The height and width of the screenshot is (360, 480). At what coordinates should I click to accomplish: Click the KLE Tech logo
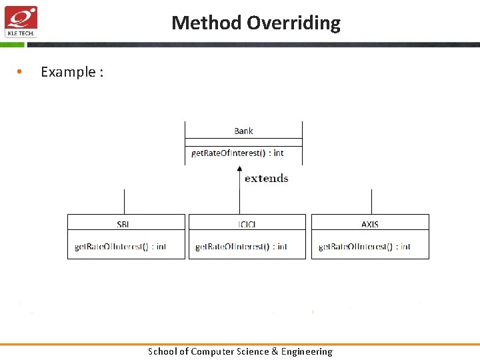click(x=21, y=21)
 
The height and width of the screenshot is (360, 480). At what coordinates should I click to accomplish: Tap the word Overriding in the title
click(x=293, y=23)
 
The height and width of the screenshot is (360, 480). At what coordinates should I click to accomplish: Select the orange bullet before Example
click(x=20, y=72)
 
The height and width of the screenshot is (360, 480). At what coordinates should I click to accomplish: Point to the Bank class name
click(x=243, y=131)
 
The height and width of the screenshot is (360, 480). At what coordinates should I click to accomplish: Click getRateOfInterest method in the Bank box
click(x=237, y=153)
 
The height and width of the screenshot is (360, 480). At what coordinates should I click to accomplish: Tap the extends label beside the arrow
click(x=266, y=178)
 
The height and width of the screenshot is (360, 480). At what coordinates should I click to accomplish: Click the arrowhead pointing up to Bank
click(x=240, y=170)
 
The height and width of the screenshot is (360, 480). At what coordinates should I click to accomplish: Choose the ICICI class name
click(x=247, y=224)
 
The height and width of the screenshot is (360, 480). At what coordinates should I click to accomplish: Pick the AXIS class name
click(x=370, y=224)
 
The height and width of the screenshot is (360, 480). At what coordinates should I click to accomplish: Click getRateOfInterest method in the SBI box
click(x=120, y=247)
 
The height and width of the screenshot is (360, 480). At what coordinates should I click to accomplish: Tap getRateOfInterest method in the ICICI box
click(x=241, y=247)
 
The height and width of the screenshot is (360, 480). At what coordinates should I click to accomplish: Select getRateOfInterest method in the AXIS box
click(x=365, y=247)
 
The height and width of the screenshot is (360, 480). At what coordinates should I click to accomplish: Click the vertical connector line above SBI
click(x=124, y=201)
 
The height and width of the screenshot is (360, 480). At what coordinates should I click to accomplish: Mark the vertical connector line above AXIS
click(x=371, y=201)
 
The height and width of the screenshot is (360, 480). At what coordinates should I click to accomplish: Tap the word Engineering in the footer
click(x=306, y=351)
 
